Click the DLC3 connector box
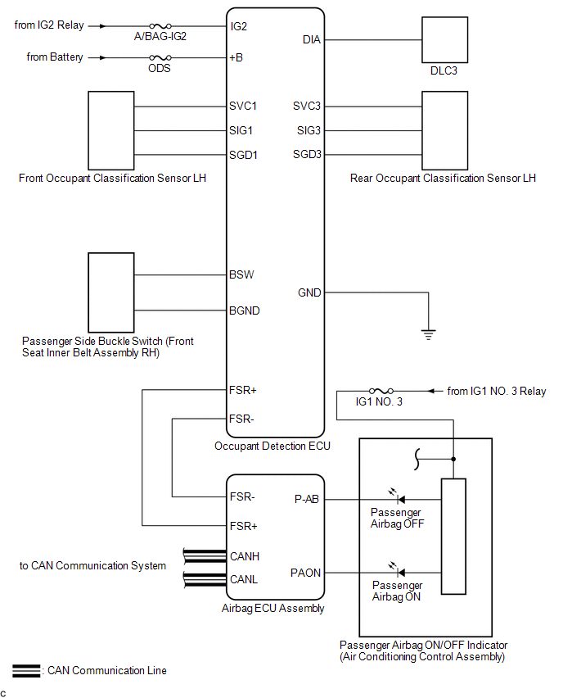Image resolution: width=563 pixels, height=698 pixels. (443, 39)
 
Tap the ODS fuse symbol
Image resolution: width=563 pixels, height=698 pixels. (159, 57)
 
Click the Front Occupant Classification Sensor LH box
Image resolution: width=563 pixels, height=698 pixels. (110, 129)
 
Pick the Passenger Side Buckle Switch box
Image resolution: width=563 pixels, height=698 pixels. (110, 292)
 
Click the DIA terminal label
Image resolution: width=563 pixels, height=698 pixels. (312, 39)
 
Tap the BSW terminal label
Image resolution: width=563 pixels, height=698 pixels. (242, 274)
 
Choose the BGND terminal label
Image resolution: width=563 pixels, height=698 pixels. (246, 310)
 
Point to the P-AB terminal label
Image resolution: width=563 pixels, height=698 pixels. (307, 499)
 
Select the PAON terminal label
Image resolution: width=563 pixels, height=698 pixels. (305, 572)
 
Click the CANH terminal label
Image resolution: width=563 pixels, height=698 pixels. (245, 556)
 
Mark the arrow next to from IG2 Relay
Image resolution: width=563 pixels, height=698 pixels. (101, 26)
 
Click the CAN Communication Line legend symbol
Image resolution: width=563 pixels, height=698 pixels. (26, 671)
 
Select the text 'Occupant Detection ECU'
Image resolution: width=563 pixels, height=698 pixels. (272, 446)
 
